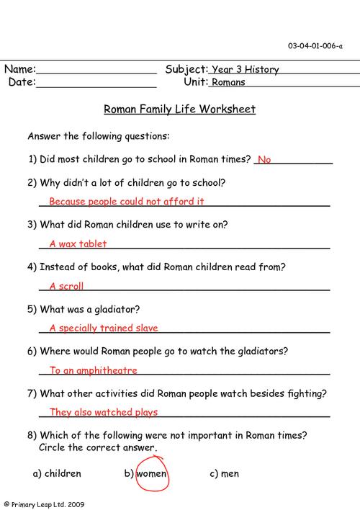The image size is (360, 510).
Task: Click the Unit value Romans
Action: (228, 82)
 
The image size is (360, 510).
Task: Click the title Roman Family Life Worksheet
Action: (179, 109)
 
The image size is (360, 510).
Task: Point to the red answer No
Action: (264, 159)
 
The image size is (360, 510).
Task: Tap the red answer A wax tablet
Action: (78, 243)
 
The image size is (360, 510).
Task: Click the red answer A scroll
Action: (67, 286)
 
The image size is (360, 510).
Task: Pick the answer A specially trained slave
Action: (104, 328)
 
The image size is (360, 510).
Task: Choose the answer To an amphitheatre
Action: (94, 370)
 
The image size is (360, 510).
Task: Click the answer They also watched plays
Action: (104, 413)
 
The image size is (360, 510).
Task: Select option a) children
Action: (57, 474)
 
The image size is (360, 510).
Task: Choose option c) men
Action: (224, 474)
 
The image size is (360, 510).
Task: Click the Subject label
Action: (186, 70)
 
